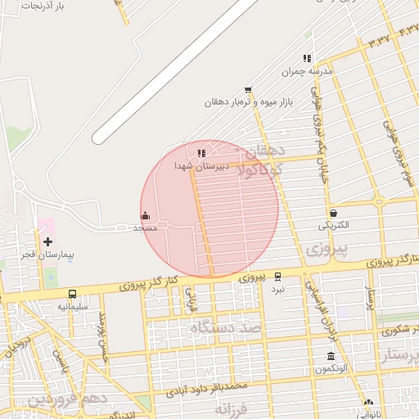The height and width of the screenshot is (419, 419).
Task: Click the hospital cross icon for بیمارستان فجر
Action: point(47,241)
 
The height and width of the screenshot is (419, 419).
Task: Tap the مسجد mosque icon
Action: point(146,216)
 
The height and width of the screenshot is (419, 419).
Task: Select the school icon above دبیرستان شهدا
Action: point(201,152)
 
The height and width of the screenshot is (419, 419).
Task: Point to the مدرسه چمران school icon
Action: point(307,58)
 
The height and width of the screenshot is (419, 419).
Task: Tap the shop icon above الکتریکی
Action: point(333,213)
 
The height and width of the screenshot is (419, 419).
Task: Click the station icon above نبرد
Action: point(277,277)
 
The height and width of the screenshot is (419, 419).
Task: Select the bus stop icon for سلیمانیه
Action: point(72,295)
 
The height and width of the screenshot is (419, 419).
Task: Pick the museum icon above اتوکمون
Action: point(331,357)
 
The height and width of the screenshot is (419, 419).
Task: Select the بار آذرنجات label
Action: point(43,6)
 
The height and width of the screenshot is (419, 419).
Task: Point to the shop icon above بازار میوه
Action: point(248,90)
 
